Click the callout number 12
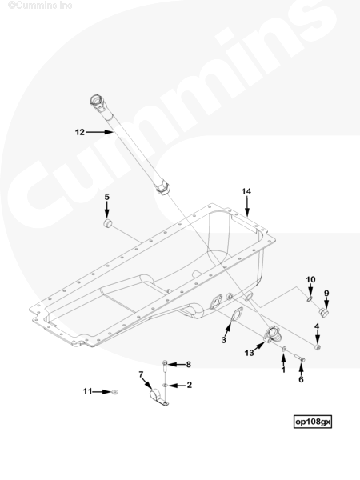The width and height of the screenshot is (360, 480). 79,132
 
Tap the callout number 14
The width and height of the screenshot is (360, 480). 246,192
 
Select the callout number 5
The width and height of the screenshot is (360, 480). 107,197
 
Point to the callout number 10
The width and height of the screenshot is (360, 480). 310,279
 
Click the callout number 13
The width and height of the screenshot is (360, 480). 249,353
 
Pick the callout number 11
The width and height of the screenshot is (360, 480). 87,391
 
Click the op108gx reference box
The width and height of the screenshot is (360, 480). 313,422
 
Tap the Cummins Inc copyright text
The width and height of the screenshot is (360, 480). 40,6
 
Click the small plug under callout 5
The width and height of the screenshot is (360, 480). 107,223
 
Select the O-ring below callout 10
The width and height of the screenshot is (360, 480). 310,298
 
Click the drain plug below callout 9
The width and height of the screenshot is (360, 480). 323,313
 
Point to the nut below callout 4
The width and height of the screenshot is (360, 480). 318,347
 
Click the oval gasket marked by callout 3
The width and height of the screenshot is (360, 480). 237,315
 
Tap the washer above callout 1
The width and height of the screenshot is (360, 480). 284,349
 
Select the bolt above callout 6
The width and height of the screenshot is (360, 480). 300,358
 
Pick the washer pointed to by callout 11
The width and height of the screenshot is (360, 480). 115,391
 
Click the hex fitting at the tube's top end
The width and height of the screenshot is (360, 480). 98,101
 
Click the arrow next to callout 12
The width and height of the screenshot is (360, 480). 99,132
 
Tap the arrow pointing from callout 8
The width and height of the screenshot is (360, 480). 176,364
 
